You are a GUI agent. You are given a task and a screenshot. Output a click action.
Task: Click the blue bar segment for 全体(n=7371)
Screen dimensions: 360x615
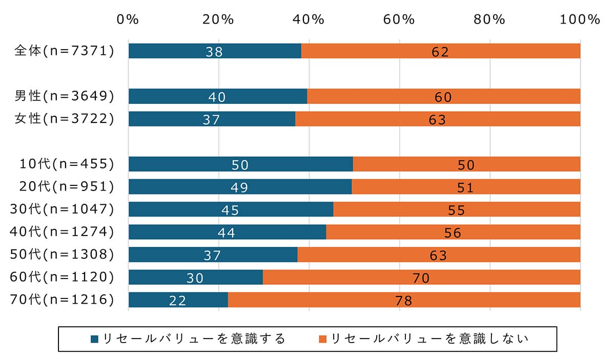[215, 51]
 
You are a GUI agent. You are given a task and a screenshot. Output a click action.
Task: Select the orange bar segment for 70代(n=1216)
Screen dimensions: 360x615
[404, 300]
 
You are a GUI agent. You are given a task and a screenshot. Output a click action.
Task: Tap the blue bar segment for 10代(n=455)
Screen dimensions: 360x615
[240, 164]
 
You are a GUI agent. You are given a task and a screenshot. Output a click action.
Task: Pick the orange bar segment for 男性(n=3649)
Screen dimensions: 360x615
[443, 96]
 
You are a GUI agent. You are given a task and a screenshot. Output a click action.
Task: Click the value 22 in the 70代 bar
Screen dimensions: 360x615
[177, 301]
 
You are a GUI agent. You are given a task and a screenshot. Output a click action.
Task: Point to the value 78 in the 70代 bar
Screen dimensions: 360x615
[404, 301]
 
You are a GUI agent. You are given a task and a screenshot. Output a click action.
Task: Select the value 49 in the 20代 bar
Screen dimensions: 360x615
[239, 187]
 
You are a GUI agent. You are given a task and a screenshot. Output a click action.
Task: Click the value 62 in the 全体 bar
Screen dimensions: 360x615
[440, 52]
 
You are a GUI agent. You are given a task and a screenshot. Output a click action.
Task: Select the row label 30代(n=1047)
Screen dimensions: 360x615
[61, 209]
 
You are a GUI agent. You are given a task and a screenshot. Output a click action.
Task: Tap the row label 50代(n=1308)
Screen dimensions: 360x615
[61, 255]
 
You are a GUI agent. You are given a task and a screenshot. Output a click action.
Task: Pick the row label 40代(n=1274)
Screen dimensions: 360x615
[61, 232]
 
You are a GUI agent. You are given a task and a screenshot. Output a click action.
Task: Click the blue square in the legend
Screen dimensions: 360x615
[94, 339]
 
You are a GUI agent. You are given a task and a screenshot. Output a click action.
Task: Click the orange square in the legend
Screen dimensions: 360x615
[322, 339]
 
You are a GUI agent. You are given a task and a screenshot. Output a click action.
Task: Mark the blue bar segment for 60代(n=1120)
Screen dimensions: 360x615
[195, 278]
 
